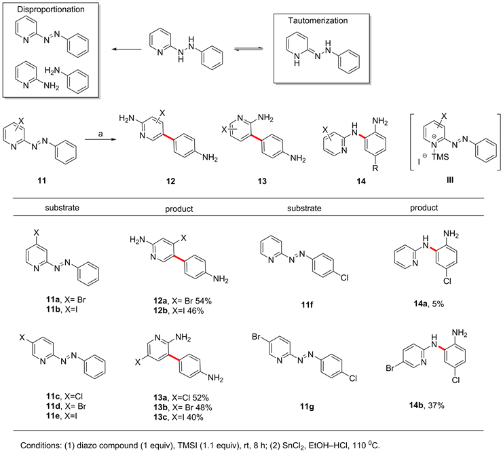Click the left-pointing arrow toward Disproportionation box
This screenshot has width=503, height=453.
[118, 49]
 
